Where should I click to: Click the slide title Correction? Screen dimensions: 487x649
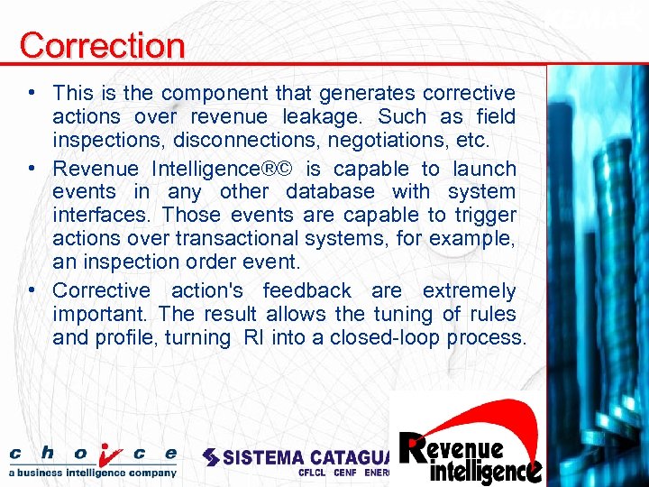point(102,44)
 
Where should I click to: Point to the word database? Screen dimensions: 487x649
point(330,192)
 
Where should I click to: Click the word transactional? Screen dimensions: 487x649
point(241,239)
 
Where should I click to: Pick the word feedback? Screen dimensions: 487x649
point(306,291)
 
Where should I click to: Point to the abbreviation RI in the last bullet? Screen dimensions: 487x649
point(253,338)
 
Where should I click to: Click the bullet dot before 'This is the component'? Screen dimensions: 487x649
point(32,93)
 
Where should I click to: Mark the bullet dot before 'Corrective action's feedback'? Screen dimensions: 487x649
point(32,290)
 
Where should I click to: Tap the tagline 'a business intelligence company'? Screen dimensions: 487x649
point(93,472)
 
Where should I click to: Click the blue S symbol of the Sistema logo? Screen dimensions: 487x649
point(211,457)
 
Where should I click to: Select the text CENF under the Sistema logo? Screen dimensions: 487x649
point(345,473)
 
